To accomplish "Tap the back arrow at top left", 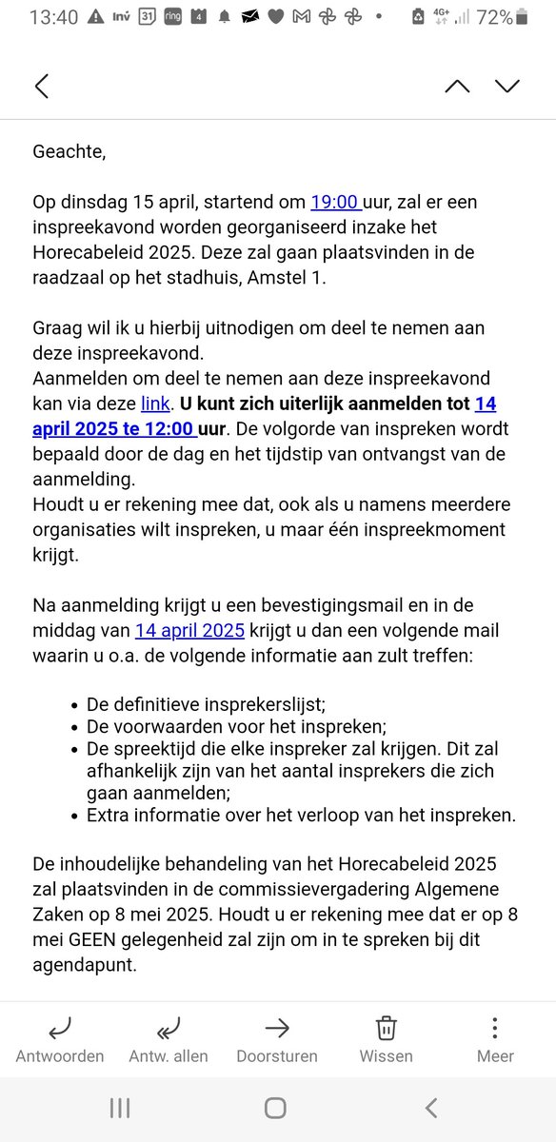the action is (42, 87).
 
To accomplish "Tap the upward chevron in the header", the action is (457, 87).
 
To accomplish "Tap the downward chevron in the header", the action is (507, 87).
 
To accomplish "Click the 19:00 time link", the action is (334, 202).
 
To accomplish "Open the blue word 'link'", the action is (155, 404).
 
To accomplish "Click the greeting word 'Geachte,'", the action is (69, 151).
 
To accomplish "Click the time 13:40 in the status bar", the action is (53, 17).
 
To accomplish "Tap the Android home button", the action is (275, 1108).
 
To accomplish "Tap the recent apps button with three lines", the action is (120, 1108).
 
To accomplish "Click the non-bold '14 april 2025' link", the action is (190, 630).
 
